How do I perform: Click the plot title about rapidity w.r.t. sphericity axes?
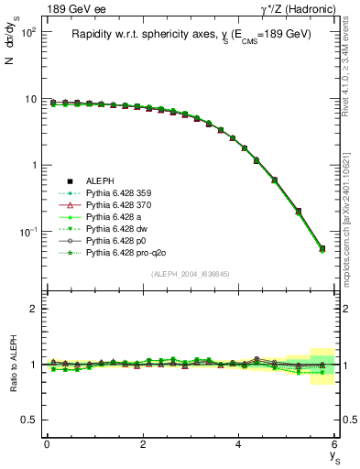coord(191,34)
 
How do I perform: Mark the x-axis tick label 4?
coord(239,444)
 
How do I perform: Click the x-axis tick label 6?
coord(335,444)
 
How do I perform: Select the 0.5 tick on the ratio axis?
coord(32,420)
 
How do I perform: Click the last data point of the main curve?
coord(322,248)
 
